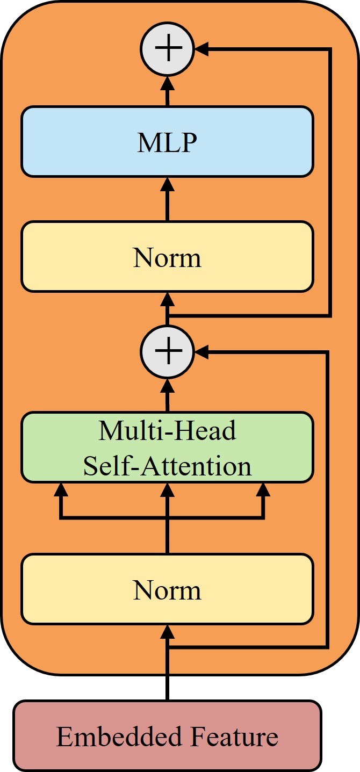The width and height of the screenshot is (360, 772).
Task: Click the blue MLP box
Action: click(x=167, y=141)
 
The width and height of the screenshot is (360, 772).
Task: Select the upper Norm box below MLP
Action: click(x=167, y=256)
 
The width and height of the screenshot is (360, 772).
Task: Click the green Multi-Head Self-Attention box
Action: click(x=167, y=447)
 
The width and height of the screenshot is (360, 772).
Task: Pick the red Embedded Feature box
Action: click(x=167, y=735)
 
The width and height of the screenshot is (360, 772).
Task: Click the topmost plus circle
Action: click(x=167, y=49)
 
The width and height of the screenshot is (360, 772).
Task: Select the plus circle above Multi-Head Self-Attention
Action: click(x=167, y=352)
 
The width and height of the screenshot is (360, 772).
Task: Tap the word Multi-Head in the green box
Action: click(x=167, y=431)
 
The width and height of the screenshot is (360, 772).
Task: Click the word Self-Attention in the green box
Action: click(x=167, y=466)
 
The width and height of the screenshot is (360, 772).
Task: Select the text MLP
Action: click(x=167, y=142)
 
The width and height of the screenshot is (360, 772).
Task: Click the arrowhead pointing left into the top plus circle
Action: click(x=201, y=49)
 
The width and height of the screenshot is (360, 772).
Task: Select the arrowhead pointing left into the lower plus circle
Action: click(x=201, y=352)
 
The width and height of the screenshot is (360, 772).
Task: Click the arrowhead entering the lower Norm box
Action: click(x=167, y=631)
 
